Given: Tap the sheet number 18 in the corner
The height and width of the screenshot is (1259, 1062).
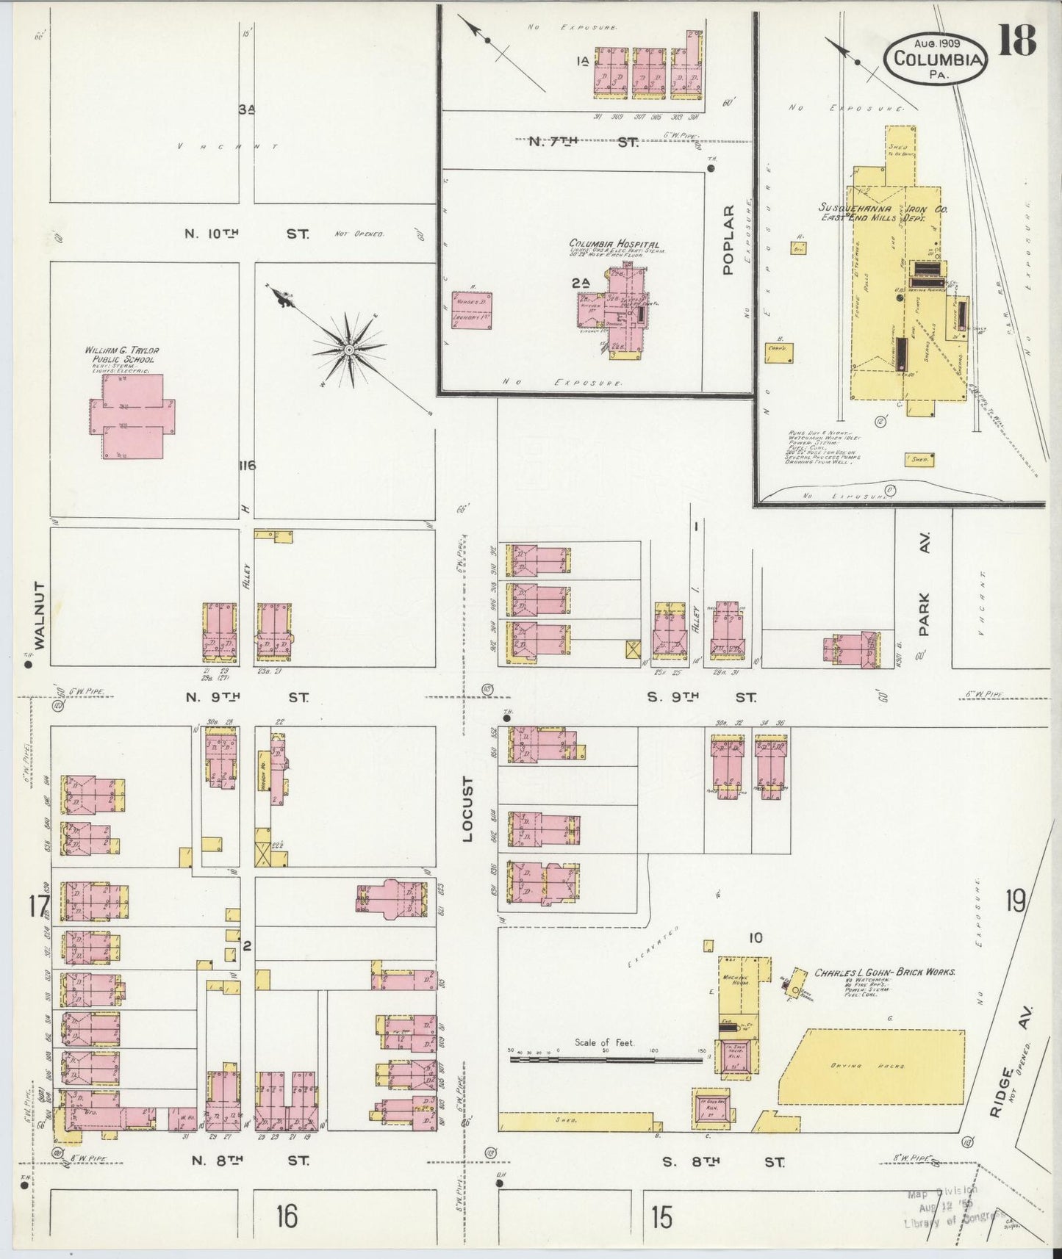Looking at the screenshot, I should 1018,40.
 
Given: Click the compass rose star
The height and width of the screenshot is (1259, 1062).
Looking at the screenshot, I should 348,350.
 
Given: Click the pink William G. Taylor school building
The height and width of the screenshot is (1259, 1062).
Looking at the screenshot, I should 133,417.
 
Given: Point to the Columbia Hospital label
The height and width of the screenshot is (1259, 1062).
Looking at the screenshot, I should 614,244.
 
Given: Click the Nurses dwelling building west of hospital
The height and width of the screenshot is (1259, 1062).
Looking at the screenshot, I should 472,310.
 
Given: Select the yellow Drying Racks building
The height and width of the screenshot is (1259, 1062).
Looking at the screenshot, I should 871,1066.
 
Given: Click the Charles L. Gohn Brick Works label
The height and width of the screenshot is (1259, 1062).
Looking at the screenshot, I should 884,972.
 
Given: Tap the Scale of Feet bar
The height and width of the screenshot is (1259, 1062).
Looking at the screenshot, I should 606,1058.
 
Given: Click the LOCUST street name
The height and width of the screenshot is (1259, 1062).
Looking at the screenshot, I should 468,809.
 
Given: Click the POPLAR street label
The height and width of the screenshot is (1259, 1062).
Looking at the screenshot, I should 728,240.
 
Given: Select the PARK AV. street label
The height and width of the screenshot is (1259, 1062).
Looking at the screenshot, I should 924,584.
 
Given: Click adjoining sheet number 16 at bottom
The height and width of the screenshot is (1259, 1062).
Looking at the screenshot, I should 287,1217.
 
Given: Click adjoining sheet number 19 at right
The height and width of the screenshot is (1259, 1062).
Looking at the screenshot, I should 1015,901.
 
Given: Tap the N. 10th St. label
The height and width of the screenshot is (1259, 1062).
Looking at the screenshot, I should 246,234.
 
